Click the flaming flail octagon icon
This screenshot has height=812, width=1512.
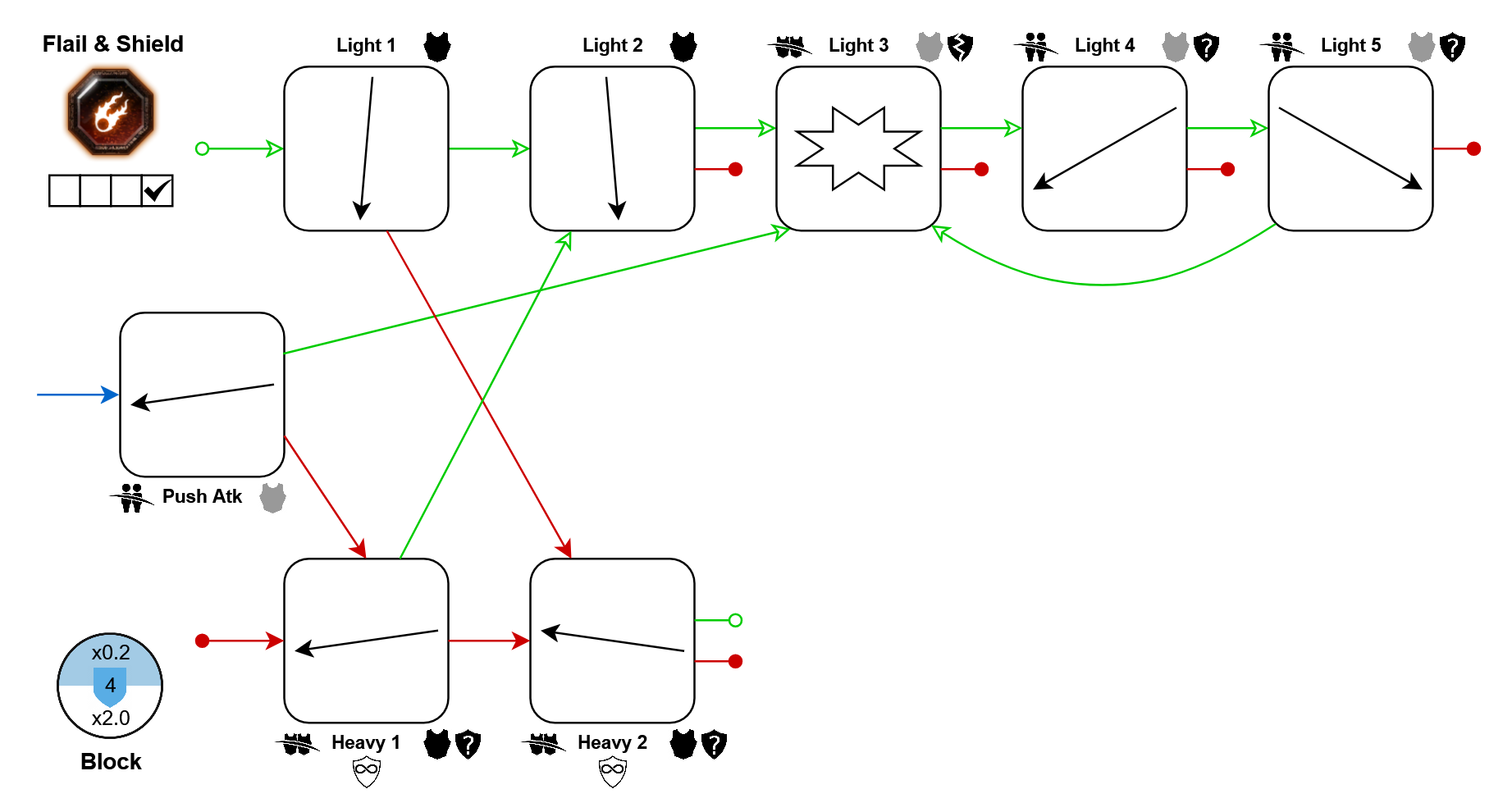point(111,112)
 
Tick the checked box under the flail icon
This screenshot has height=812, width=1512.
point(157,191)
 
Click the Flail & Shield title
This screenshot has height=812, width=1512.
point(113,44)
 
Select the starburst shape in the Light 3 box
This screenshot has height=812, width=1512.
point(858,148)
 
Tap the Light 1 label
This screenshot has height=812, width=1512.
point(366,45)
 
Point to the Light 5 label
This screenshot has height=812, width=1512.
point(1350,45)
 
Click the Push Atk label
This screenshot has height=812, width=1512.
point(202,496)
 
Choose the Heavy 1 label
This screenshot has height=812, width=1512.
point(366,742)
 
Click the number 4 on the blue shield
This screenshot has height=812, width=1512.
point(110,686)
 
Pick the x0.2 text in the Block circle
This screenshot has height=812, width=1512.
point(111,653)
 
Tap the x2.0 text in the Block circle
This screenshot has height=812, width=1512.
point(111,718)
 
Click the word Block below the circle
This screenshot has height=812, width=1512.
point(111,762)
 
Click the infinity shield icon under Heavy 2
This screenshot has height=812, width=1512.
point(613,771)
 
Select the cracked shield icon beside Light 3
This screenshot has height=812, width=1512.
point(960,47)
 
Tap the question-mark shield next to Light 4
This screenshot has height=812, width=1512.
point(1206,47)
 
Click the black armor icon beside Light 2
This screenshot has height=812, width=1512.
point(683,47)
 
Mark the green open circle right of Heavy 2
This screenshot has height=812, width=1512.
point(736,620)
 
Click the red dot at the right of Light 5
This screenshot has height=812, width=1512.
point(1473,148)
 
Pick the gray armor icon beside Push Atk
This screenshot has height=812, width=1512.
point(272,497)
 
